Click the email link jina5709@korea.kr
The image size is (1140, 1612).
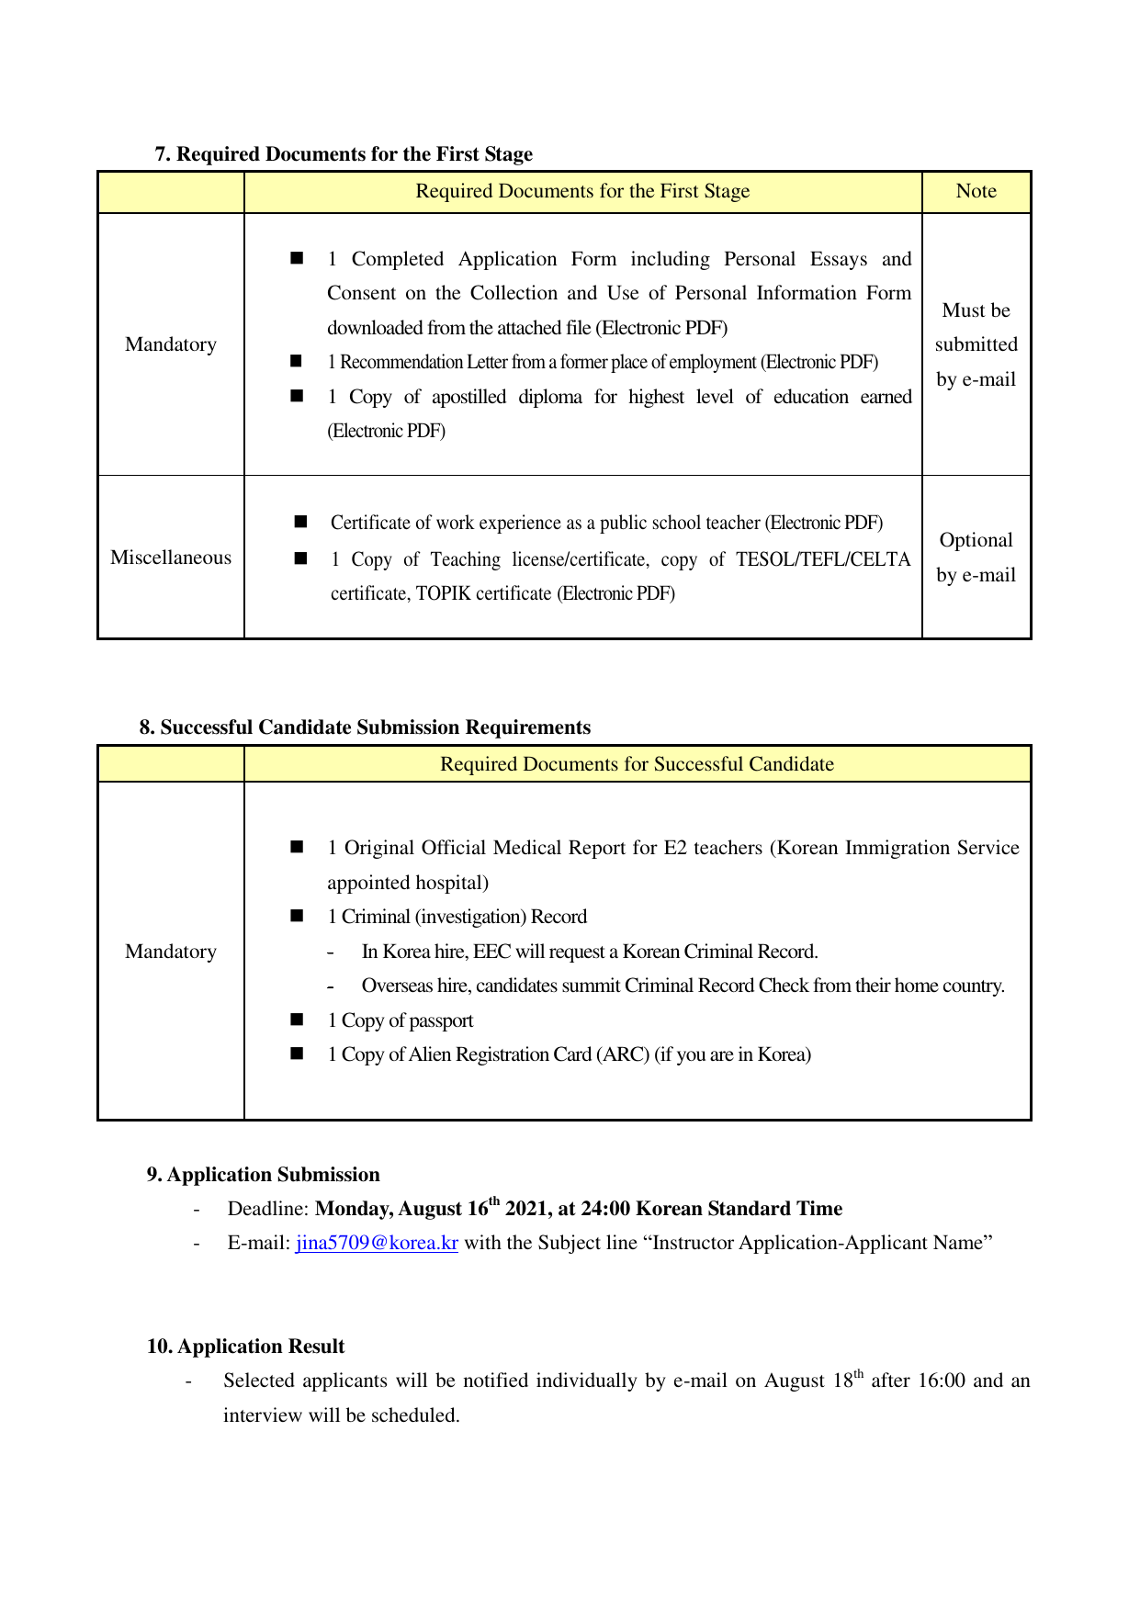pyautogui.click(x=377, y=1243)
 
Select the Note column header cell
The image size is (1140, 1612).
pyautogui.click(x=976, y=191)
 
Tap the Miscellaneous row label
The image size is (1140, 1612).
pyautogui.click(x=171, y=558)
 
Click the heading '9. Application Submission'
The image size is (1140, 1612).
pyautogui.click(x=263, y=1175)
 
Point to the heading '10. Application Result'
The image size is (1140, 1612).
pyautogui.click(x=245, y=1347)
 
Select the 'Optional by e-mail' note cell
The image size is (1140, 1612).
pyautogui.click(x=976, y=558)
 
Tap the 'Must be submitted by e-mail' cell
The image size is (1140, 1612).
pyautogui.click(x=976, y=344)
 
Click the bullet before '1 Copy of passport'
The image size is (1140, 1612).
pyautogui.click(x=297, y=1020)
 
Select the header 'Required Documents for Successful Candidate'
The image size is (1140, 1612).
pyautogui.click(x=637, y=764)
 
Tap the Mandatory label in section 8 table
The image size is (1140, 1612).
pyautogui.click(x=171, y=952)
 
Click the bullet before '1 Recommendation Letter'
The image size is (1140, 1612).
pyautogui.click(x=296, y=362)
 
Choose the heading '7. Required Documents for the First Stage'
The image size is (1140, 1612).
pyautogui.click(x=344, y=154)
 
